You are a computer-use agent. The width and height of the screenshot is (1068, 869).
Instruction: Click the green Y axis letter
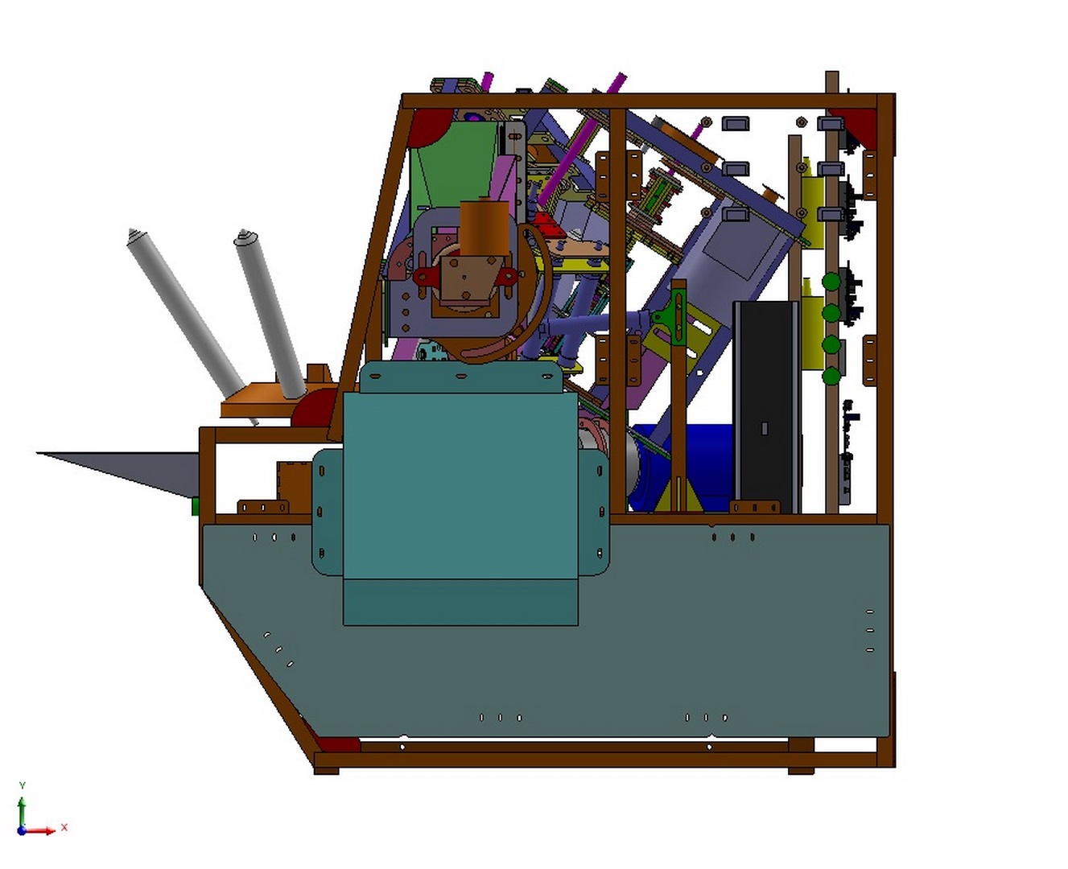pyautogui.click(x=22, y=785)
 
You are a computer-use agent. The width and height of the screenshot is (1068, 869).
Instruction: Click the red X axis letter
pyautogui.click(x=64, y=827)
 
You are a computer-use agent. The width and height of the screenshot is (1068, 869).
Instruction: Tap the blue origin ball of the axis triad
pyautogui.click(x=21, y=831)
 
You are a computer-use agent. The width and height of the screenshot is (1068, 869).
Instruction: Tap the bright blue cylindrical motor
pyautogui.click(x=682, y=466)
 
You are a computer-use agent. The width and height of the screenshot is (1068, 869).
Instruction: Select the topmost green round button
pyautogui.click(x=831, y=282)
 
